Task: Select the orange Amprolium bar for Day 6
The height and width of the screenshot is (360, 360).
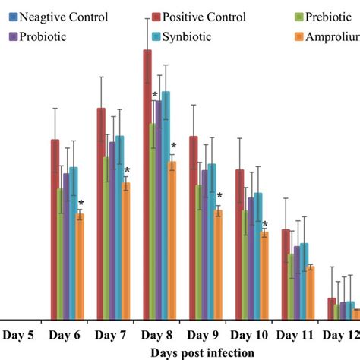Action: click(x=80, y=266)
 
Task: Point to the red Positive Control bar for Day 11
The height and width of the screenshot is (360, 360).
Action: click(x=286, y=273)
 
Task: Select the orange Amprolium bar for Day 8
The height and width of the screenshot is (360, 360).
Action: click(x=172, y=240)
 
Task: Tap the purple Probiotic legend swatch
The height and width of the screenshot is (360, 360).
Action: click(x=12, y=36)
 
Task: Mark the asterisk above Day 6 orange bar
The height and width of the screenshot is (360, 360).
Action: click(x=81, y=203)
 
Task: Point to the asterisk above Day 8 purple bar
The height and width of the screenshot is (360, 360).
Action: click(x=155, y=95)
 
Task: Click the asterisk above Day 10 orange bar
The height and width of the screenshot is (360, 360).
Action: click(x=265, y=223)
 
